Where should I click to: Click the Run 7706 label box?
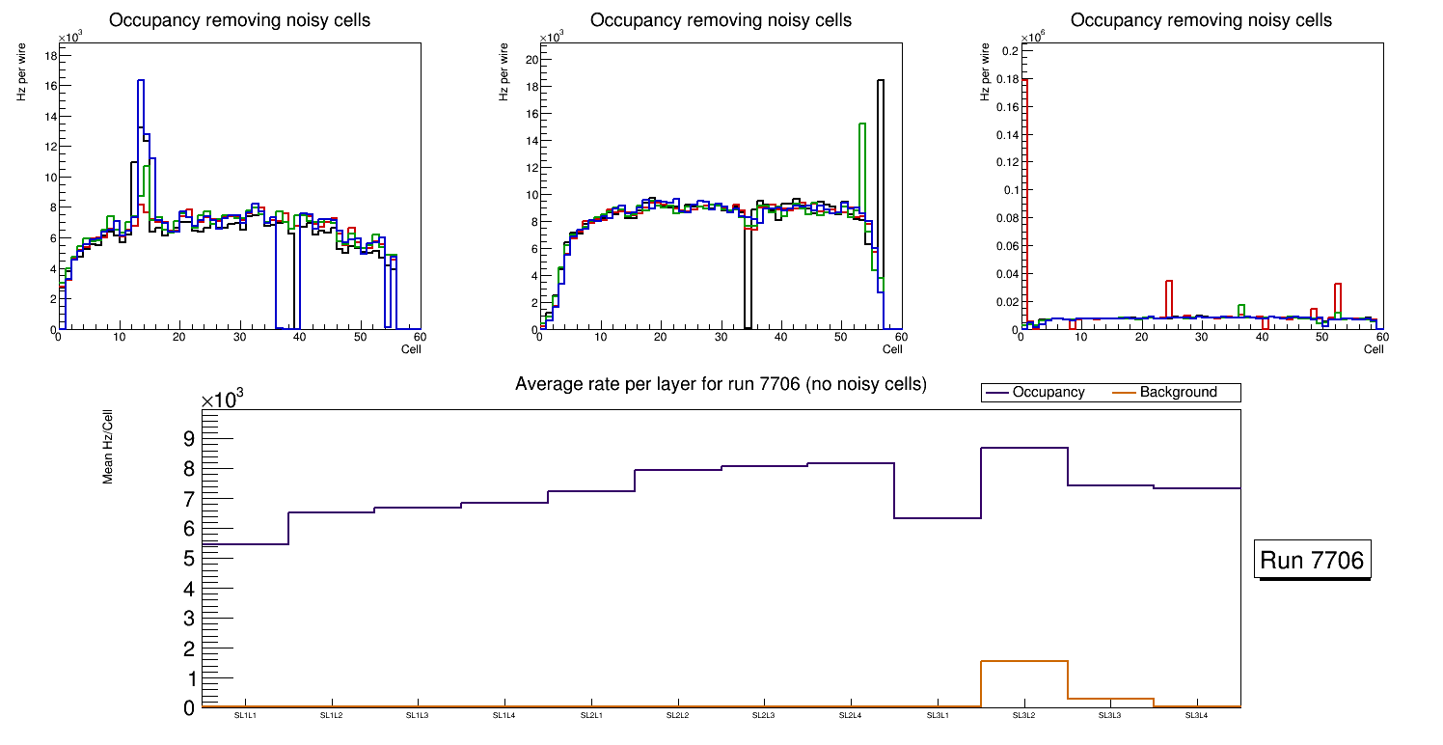[1313, 561]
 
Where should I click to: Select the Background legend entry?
[1178, 393]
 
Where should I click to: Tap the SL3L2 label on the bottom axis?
[1023, 715]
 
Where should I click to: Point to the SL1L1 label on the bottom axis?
[245, 715]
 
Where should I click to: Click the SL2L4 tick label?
[850, 715]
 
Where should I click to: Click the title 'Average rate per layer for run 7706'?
[721, 384]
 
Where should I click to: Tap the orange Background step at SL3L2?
[1023, 661]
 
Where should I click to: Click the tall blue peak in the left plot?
[141, 81]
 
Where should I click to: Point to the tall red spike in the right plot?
[1027, 80]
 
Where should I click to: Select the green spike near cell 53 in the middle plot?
[861, 124]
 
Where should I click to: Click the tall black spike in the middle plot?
[880, 81]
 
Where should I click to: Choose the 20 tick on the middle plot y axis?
[529, 59]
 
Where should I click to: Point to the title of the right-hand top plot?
[1201, 20]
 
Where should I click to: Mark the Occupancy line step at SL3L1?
[937, 518]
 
